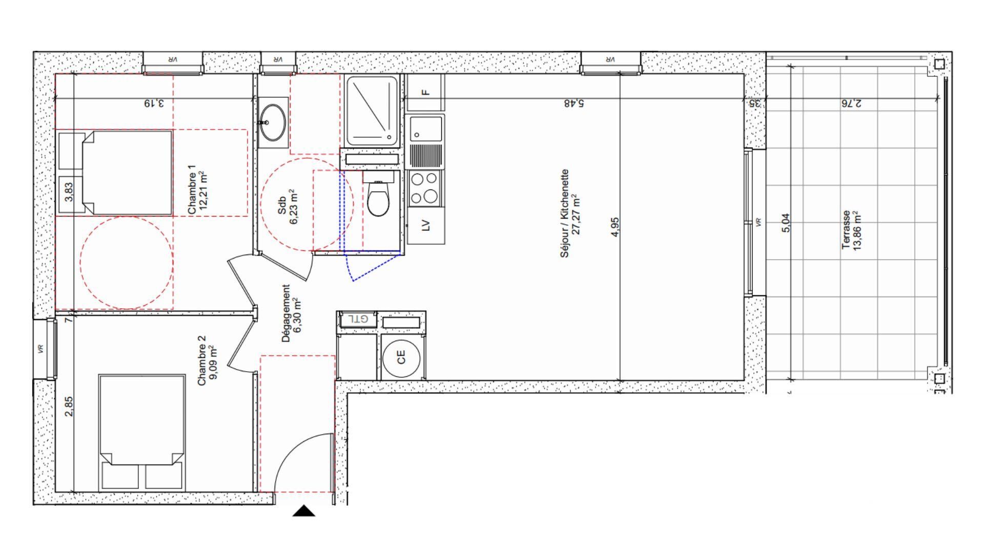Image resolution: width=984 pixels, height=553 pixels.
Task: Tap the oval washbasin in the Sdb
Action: pos(272,122)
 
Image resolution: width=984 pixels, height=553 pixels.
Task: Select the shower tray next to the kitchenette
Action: pos(372,111)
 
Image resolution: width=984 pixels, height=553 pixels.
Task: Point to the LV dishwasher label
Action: pos(425,225)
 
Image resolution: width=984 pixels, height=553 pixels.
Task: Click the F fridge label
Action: pos(425,93)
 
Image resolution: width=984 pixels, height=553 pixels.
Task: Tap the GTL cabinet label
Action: pos(358,319)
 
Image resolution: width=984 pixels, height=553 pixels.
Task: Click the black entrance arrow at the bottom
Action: pos(304,511)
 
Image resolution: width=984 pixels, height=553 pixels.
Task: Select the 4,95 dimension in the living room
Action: pos(615,227)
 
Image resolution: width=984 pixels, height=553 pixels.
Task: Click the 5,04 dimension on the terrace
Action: pos(786,223)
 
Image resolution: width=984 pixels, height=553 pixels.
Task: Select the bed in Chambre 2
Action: pos(141,433)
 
